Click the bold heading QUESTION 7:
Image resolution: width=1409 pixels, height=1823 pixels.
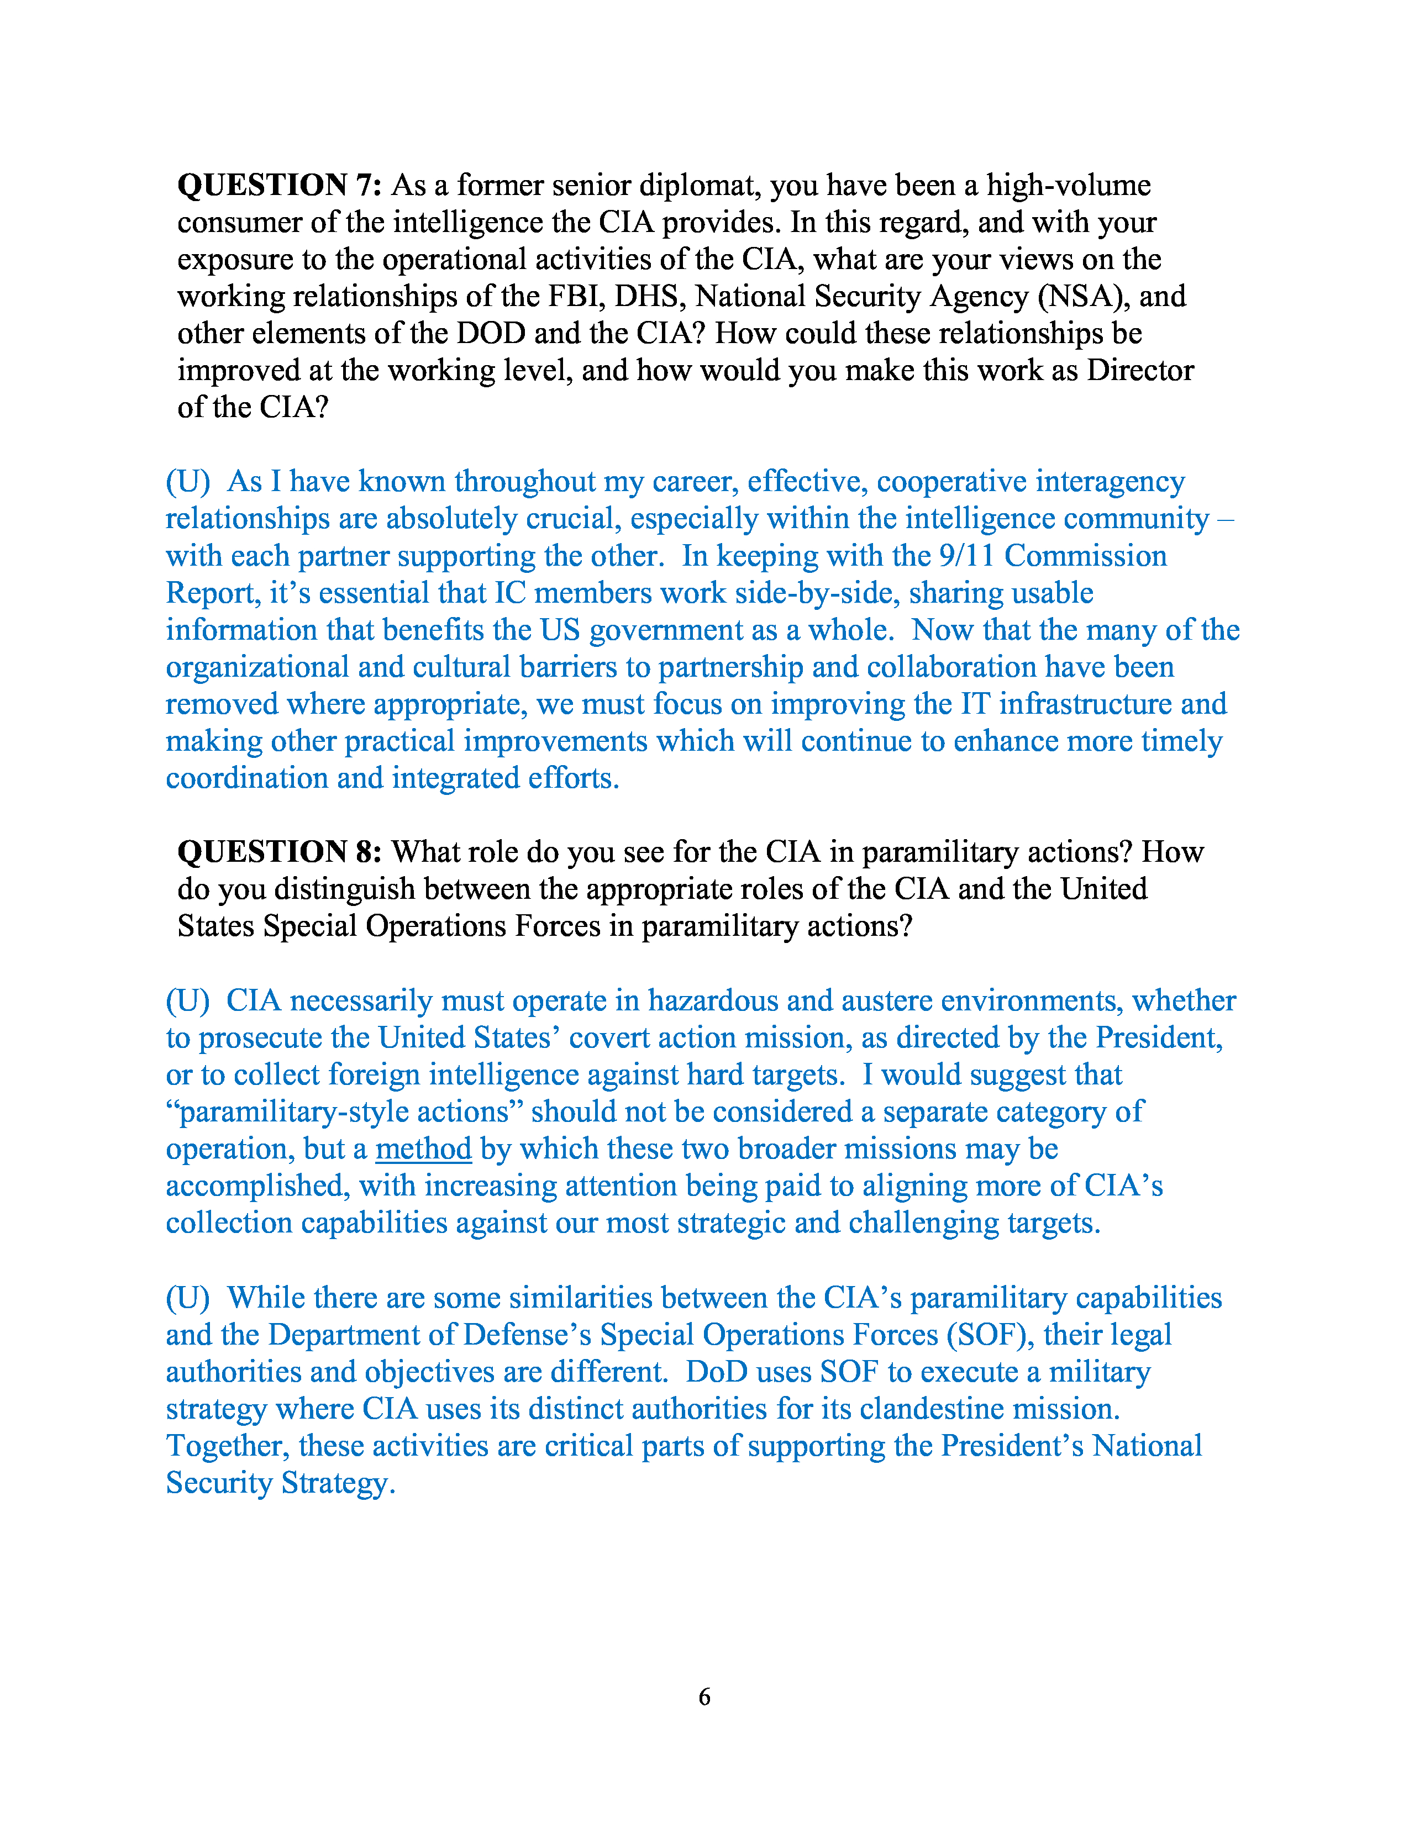(279, 185)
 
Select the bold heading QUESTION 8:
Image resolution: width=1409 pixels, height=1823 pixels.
(279, 852)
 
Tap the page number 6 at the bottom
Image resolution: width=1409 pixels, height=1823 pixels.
(704, 1696)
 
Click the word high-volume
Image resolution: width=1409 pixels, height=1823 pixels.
(1069, 185)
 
